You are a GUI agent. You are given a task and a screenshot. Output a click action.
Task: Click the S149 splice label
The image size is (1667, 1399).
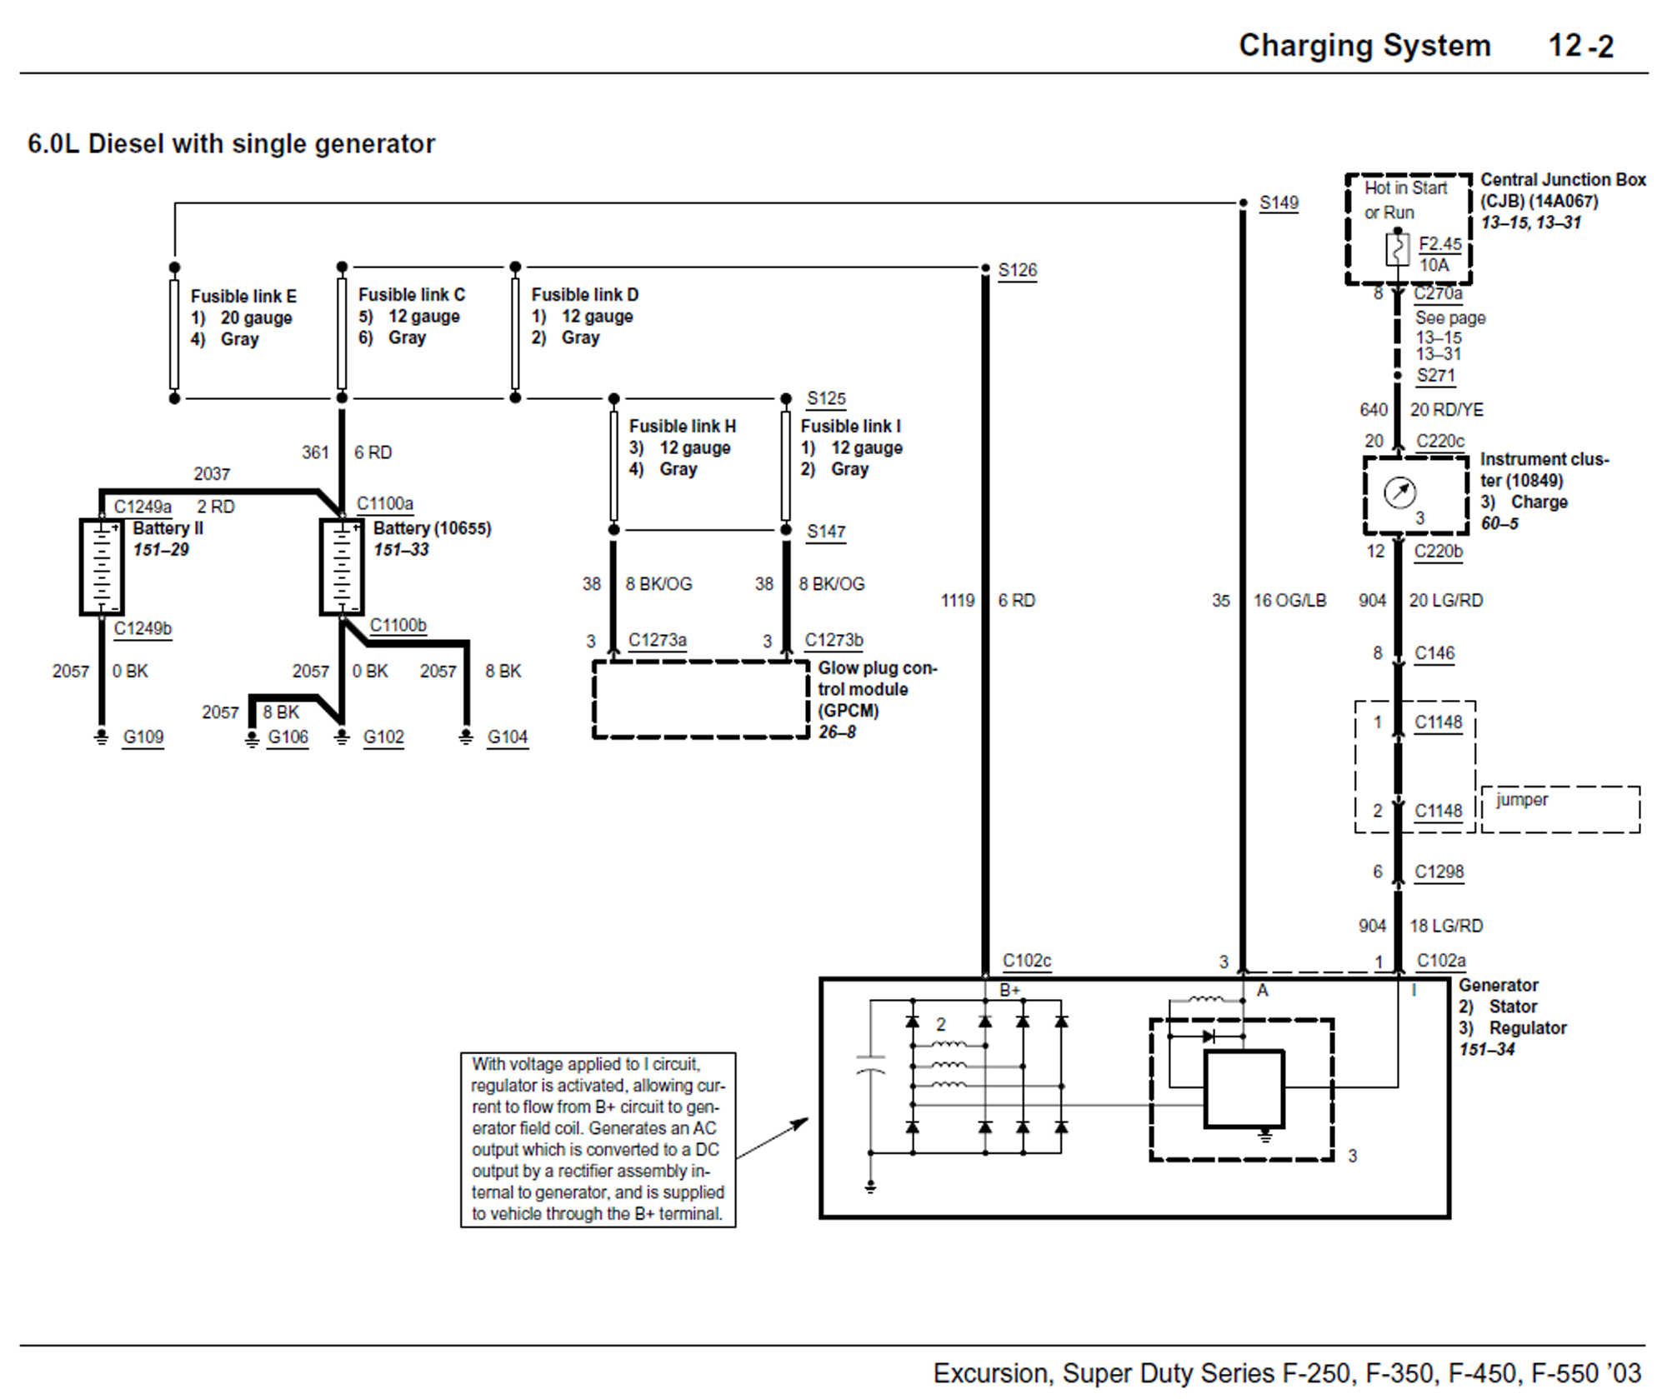tap(1279, 202)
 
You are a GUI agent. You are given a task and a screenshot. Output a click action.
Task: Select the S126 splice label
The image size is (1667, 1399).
tap(1018, 270)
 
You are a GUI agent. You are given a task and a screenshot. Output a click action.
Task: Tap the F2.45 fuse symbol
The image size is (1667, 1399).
tap(1398, 248)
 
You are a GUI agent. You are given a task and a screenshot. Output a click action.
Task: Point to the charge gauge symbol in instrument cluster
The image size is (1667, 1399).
tap(1399, 492)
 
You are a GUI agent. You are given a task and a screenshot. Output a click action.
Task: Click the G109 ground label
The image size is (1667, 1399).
tap(143, 737)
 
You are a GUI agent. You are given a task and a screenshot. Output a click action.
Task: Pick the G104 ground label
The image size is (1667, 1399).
tap(508, 737)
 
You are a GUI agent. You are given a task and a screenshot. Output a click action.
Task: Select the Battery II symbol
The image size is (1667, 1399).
tap(102, 567)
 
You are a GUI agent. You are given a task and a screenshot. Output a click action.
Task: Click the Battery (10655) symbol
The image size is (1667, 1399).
tap(342, 567)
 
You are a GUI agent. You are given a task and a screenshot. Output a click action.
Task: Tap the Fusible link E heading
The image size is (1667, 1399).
tap(243, 297)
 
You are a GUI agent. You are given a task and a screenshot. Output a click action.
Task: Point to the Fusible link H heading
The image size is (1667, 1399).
tap(683, 427)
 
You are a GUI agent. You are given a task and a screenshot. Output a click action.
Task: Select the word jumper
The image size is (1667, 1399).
tap(1522, 800)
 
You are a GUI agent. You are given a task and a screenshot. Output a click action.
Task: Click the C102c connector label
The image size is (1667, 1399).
tap(1027, 961)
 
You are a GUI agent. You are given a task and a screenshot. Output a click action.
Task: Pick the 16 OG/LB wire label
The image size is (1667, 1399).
tap(1289, 601)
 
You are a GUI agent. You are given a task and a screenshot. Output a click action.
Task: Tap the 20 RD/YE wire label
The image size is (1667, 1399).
tap(1447, 410)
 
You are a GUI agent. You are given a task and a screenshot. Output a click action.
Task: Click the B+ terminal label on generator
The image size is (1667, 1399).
tap(1010, 991)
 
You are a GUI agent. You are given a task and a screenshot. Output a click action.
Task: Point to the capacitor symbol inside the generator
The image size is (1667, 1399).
tap(870, 1064)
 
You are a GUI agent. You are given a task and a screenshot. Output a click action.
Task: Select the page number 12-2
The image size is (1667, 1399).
tap(1581, 46)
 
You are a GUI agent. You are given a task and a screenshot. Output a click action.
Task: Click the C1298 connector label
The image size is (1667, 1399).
tap(1439, 872)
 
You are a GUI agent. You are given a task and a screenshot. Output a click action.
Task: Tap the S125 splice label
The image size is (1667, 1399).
tap(826, 399)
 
